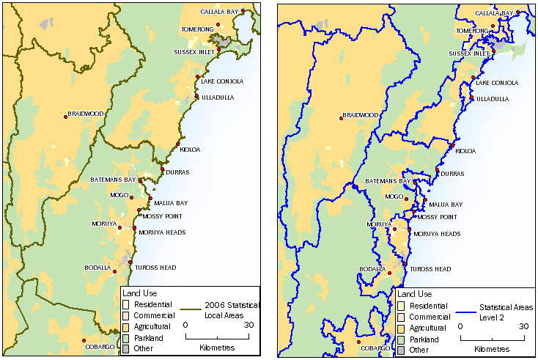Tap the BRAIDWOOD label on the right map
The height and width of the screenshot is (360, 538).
pyautogui.click(x=361, y=115)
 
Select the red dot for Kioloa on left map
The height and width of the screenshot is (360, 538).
pyautogui.click(x=178, y=144)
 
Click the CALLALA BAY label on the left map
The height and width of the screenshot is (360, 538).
pyautogui.click(x=219, y=12)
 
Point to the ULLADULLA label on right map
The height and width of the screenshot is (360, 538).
pyautogui.click(x=493, y=99)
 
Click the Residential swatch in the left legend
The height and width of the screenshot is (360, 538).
pyautogui.click(x=125, y=304)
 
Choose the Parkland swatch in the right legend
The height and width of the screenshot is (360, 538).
pyautogui.click(x=400, y=339)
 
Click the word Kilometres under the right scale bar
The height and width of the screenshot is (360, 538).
pyautogui.click(x=492, y=349)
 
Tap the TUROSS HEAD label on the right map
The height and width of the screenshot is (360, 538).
pyautogui.click(x=431, y=269)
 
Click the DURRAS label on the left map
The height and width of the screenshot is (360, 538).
pyautogui.click(x=177, y=172)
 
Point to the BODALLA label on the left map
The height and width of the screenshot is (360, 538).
pyautogui.click(x=97, y=268)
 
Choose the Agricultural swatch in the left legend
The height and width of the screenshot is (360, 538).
pyautogui.click(x=125, y=326)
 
